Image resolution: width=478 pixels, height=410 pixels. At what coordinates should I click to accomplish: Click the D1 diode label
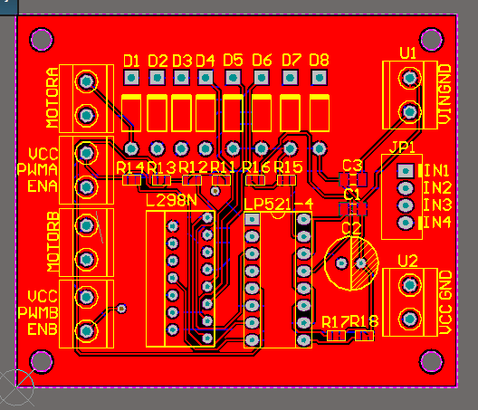pos(131,61)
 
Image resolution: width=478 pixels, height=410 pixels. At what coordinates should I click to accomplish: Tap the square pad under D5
pos(233,78)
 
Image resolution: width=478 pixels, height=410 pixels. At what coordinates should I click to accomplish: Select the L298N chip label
pos(171,201)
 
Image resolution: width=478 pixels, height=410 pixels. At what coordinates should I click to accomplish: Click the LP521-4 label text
pos(279,204)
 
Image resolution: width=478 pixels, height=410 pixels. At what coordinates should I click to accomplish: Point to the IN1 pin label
pos(436,171)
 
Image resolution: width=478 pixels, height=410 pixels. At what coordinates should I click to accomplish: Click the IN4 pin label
pos(437,223)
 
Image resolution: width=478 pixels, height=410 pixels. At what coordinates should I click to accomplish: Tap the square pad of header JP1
pos(406,171)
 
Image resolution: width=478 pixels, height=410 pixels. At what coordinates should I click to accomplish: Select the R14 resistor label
pos(130,167)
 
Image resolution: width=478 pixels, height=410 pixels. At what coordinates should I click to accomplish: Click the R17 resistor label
pos(335,322)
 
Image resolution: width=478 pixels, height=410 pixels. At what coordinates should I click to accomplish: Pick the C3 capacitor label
pos(352,166)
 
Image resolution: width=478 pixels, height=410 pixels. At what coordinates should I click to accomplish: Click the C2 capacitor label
pos(351,229)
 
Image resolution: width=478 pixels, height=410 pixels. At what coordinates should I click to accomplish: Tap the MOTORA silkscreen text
pos(53,98)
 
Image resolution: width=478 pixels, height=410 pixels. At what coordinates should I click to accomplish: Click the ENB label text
pos(43,329)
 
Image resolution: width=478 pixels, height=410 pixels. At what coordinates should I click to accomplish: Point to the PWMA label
pos(37,169)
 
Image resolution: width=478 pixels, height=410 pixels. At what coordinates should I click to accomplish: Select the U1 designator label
pos(407,53)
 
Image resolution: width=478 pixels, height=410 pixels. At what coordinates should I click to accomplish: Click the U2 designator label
pos(407,262)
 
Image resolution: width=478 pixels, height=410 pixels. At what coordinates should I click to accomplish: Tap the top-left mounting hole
pos(42,40)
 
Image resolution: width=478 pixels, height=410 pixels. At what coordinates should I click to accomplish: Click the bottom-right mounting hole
pos(431,361)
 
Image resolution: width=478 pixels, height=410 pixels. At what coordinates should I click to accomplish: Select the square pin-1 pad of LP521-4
pos(252,219)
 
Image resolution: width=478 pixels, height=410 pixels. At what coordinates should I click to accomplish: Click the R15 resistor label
pos(288,167)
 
